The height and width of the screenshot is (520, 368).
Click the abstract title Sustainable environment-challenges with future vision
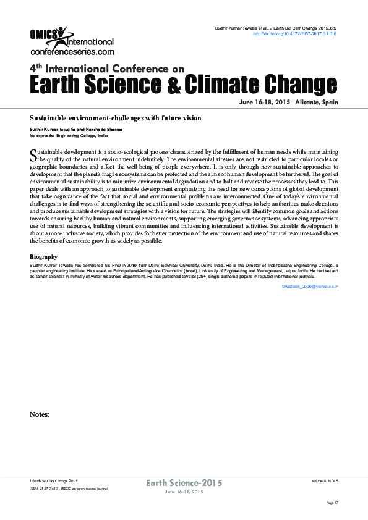coord(116,117)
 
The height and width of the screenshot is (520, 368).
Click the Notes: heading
coord(40,414)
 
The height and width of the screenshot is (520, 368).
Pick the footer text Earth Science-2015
coord(184,483)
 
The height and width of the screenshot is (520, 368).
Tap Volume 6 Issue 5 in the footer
coord(324,480)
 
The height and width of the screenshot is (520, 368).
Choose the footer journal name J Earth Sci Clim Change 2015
coord(54,480)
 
